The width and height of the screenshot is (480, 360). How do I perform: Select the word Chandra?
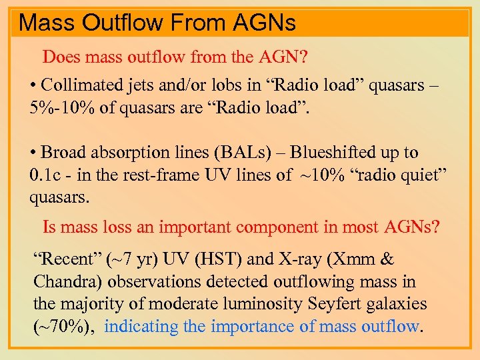pyautogui.click(x=63, y=281)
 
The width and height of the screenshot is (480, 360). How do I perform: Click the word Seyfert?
pyautogui.click(x=335, y=303)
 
